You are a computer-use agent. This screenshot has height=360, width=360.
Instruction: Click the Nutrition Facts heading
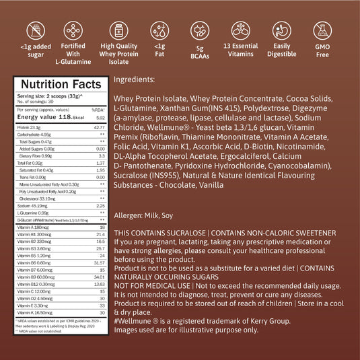[x=56, y=84]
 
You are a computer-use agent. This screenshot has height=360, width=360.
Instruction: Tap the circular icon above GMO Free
[x=322, y=30]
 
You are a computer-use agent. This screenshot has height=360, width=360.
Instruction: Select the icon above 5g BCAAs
[x=200, y=30]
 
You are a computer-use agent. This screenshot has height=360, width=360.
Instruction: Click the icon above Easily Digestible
[x=281, y=30]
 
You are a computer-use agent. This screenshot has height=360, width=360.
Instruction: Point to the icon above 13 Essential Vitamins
[x=240, y=30]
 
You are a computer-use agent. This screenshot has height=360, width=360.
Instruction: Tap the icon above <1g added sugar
[x=36, y=30]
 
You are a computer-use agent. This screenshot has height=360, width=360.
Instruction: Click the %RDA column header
[x=98, y=109]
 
